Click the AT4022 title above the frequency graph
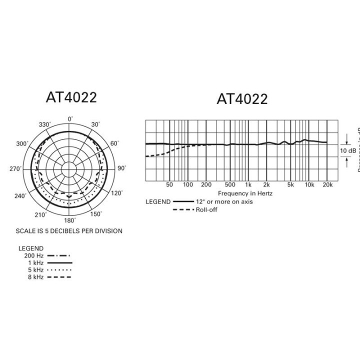[x=242, y=99]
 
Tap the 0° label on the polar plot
[x=70, y=118]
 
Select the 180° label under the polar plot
[x=70, y=220]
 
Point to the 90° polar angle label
[x=122, y=169]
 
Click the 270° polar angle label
[x=15, y=169]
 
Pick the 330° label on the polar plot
[x=44, y=124]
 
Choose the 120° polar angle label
[x=116, y=193]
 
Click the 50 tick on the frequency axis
[x=169, y=185]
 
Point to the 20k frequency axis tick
[x=328, y=185]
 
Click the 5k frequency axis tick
[x=290, y=185]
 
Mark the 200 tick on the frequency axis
[x=206, y=185]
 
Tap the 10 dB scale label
[x=348, y=150]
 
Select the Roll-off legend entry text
[x=206, y=209]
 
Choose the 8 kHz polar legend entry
[x=35, y=276]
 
